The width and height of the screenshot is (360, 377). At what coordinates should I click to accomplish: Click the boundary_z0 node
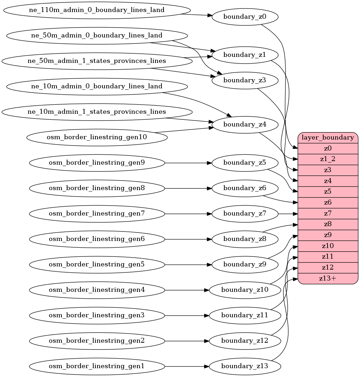245,17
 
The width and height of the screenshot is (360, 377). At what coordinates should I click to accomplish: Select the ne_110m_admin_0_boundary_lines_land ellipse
97,10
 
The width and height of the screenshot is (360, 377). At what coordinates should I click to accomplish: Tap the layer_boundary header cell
328,137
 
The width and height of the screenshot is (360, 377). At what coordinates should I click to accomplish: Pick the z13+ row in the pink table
328,278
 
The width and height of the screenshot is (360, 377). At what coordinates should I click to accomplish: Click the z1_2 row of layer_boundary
328,159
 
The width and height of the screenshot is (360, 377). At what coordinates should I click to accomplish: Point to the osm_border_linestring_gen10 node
97,137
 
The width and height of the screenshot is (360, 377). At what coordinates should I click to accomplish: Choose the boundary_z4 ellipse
245,124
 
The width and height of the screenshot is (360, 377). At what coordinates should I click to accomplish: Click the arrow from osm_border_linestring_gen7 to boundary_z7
188,213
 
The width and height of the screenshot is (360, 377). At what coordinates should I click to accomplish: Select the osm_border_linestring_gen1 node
97,366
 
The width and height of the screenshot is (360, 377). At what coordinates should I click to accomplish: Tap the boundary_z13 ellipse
245,366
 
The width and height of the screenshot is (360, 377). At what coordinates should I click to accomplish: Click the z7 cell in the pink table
328,213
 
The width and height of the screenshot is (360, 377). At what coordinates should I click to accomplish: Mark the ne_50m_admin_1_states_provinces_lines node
97,61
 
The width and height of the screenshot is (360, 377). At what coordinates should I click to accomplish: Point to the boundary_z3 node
245,81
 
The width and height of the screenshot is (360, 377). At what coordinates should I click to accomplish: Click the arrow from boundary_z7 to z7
288,213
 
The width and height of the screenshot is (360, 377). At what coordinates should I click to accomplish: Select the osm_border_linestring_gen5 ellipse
97,264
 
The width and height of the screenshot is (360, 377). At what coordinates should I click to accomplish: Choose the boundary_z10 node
245,290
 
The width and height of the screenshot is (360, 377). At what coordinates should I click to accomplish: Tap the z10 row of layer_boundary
328,246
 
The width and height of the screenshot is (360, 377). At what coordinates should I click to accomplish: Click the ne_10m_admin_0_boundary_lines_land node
97,86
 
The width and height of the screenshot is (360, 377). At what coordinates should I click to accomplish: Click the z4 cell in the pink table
328,181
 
